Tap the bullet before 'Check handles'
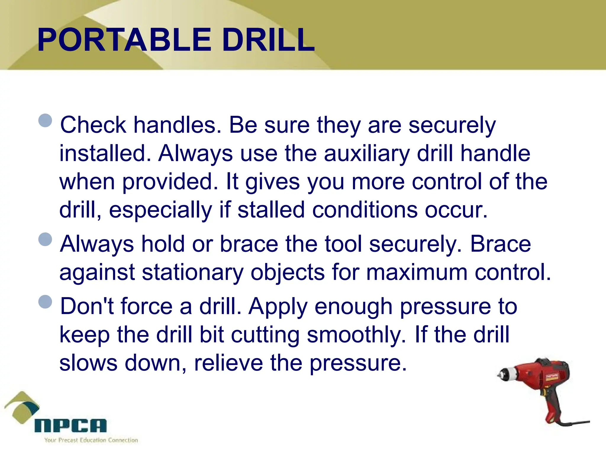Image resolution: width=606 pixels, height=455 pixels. click(45, 121)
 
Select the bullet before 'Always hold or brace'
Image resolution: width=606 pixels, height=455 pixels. click(45, 239)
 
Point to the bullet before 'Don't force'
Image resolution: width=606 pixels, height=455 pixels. click(45, 302)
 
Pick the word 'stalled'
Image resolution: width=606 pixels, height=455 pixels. click(271, 210)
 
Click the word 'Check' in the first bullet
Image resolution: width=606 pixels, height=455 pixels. click(93, 125)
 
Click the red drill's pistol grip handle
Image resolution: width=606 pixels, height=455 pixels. click(553, 406)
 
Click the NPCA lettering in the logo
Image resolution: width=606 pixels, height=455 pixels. click(70, 426)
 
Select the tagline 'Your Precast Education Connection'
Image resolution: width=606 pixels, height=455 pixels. click(91, 440)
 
